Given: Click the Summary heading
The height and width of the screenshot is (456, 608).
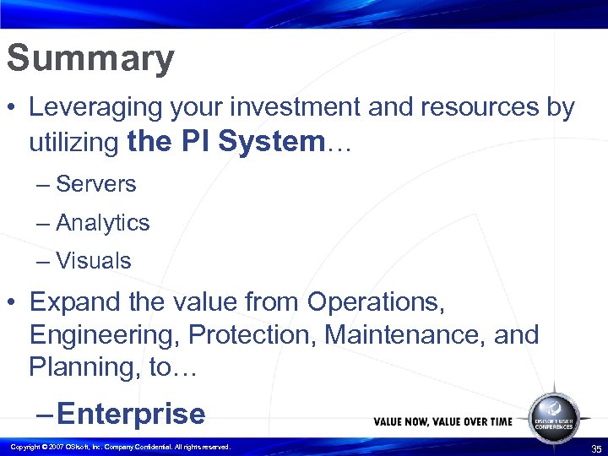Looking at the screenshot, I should point(90,59).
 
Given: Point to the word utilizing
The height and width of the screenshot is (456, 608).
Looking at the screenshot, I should point(73,143).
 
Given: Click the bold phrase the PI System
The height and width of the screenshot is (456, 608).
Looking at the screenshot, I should point(225,141).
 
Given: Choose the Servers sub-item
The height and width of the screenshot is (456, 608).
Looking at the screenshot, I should point(95,184).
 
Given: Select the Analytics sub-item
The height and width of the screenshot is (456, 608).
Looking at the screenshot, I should point(102,223).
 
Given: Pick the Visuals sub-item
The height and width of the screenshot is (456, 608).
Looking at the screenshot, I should point(93,261).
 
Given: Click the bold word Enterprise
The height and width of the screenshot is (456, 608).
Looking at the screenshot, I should point(131,414).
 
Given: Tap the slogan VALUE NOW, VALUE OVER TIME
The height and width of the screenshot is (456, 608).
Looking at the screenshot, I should point(443,421).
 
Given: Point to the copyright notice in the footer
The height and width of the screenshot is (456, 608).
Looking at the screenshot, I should point(118,447).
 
